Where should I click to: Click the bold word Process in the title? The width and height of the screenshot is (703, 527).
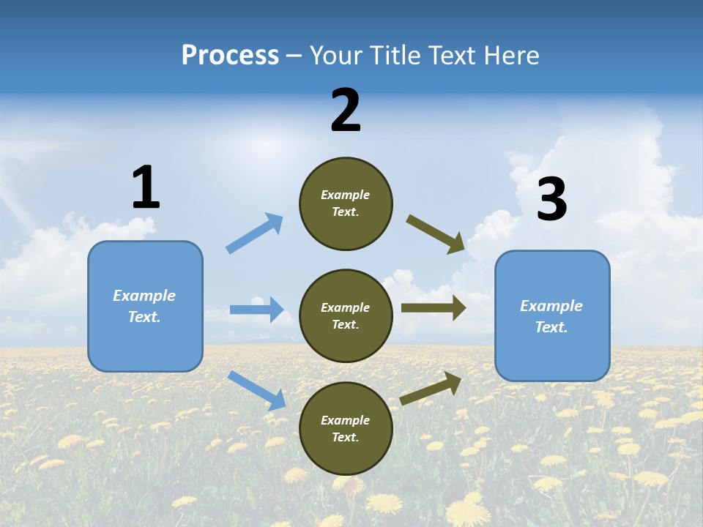230,56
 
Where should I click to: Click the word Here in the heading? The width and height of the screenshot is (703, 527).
510,56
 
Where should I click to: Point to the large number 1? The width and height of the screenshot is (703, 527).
146,187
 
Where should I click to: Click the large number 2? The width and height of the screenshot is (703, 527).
346,111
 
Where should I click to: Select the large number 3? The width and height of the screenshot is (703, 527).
551,200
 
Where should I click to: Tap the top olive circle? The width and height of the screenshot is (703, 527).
346,203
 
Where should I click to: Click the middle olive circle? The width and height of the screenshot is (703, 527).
346,315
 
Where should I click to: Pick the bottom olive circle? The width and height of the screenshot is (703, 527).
346,428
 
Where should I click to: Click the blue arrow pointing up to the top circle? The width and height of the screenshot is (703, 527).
255,233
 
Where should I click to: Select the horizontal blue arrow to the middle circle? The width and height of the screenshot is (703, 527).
256,310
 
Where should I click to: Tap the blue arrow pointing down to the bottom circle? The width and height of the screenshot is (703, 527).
257,390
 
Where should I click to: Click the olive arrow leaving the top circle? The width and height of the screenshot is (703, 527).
436,233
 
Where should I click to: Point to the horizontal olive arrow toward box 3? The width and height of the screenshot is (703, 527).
434,308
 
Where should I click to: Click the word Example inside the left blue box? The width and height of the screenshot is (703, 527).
144,296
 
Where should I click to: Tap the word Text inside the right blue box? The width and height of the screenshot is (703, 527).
550,327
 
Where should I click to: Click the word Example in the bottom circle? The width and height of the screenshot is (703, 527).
346,420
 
